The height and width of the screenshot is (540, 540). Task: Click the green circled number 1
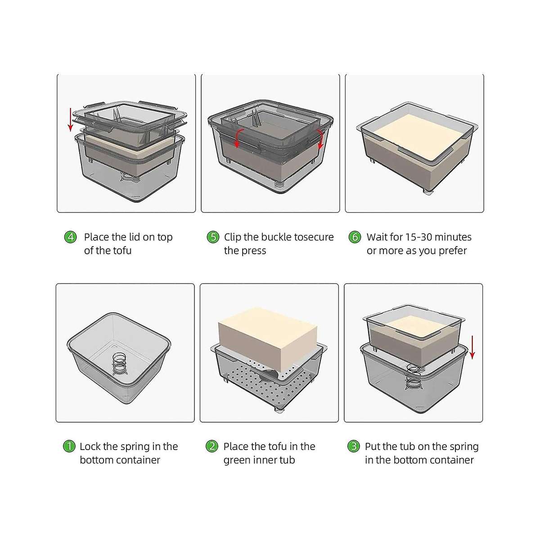click(x=69, y=446)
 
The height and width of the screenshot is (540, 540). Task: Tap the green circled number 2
click(x=211, y=446)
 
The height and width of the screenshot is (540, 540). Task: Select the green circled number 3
click(x=354, y=446)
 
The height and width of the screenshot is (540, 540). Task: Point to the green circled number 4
click(x=70, y=237)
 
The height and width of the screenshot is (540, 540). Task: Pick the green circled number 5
click(x=213, y=237)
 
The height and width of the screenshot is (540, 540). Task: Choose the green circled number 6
click(x=355, y=237)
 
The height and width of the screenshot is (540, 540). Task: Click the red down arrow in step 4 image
click(x=70, y=120)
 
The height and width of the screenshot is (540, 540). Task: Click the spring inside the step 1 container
click(x=119, y=363)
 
